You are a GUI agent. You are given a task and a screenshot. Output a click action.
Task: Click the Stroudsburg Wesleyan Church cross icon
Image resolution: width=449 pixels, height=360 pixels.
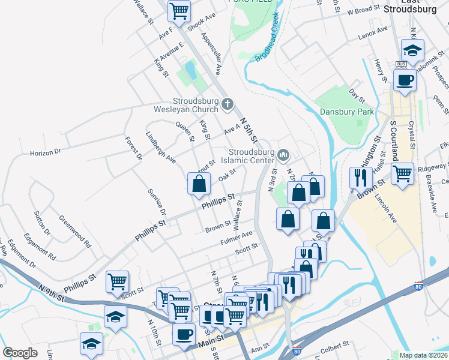227,104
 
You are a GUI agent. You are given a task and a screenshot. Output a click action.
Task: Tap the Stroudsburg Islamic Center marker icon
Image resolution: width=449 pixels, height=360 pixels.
284,156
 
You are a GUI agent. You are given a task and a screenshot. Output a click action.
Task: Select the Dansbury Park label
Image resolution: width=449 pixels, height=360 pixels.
347,112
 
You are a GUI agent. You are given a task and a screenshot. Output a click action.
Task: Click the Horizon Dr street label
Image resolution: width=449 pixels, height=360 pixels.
46,153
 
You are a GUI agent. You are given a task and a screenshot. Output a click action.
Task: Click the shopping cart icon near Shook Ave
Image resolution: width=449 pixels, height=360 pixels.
179,10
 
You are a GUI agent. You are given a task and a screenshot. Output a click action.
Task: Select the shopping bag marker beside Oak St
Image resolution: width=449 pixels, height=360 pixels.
199,184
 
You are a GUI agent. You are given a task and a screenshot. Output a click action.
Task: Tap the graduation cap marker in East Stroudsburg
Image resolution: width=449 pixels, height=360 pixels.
412,49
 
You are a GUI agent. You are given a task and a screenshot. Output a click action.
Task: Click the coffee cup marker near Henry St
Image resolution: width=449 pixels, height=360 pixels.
404,79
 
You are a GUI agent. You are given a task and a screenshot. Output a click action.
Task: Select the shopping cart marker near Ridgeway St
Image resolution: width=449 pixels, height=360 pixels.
402,173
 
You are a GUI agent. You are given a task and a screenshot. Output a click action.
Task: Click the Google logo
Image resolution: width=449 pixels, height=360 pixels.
20,353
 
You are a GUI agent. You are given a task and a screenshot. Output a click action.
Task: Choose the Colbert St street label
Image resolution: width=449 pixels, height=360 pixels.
334,346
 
